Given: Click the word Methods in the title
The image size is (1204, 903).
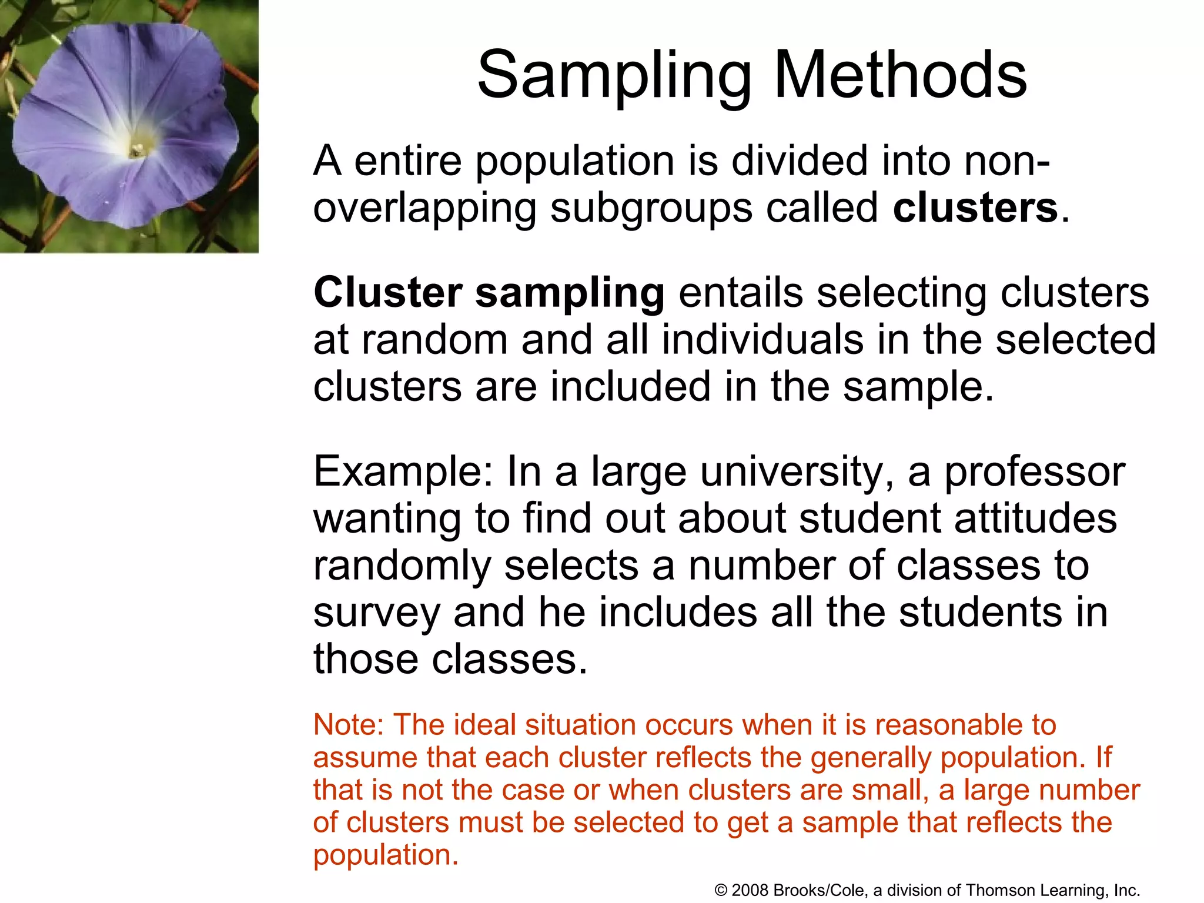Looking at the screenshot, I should pyautogui.click(x=900, y=75).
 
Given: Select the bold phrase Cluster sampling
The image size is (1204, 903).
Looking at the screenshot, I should pyautogui.click(x=489, y=293).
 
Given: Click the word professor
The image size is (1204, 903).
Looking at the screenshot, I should pyautogui.click(x=1034, y=473).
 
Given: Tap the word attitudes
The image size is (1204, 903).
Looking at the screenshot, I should pyautogui.click(x=1035, y=519).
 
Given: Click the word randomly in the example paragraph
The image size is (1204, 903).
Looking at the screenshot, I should pyautogui.click(x=402, y=566).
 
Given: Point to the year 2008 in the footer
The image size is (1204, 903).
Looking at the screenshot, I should pyautogui.click(x=751, y=890).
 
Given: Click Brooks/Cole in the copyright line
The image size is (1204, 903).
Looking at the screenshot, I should pyautogui.click(x=820, y=890).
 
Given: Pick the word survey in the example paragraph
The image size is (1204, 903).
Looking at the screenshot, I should pyautogui.click(x=376, y=614).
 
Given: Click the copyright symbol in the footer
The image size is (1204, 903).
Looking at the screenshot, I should pyautogui.click(x=721, y=891).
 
